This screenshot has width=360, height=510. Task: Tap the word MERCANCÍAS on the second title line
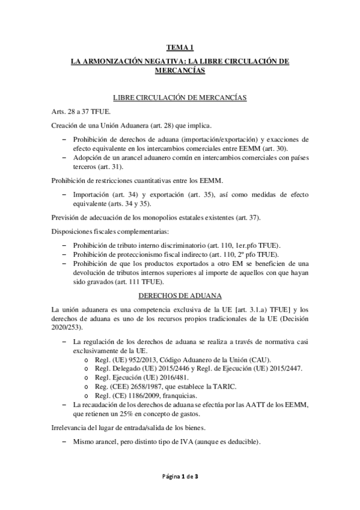pyautogui.click(x=180, y=70)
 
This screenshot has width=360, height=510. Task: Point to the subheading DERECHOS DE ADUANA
pyautogui.click(x=180, y=296)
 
